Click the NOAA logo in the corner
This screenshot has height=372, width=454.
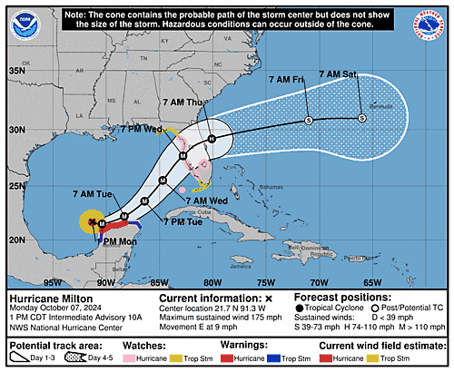coord(25,25)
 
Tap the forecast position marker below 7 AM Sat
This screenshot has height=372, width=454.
coord(361,118)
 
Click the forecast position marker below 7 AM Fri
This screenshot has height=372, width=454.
coord(309,120)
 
